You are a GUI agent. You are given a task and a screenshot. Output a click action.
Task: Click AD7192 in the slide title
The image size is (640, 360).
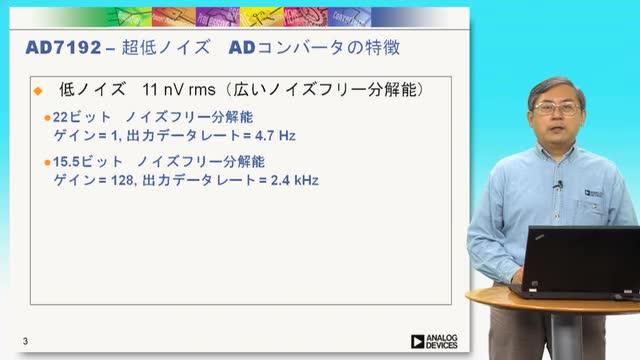pyautogui.click(x=63, y=48)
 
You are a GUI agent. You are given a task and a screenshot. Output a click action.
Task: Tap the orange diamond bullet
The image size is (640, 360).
pyautogui.click(x=38, y=91)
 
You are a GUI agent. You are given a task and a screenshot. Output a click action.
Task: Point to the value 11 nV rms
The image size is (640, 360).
pyautogui.click(x=179, y=89)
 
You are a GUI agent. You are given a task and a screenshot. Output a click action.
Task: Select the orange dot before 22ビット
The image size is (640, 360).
pyautogui.click(x=47, y=118)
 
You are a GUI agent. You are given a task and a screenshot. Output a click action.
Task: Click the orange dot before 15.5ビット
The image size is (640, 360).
pyautogui.click(x=47, y=162)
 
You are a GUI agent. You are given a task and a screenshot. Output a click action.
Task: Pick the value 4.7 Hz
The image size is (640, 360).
pyautogui.click(x=275, y=136)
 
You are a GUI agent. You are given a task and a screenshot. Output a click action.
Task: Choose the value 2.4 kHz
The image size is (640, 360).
pyautogui.click(x=295, y=180)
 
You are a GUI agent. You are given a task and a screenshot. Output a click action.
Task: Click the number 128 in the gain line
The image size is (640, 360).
pyautogui.click(x=122, y=180)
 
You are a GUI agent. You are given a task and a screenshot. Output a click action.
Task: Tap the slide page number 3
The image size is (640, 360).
pyautogui.click(x=25, y=341)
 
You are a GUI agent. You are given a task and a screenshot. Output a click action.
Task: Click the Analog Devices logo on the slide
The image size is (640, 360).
pyautogui.click(x=434, y=342)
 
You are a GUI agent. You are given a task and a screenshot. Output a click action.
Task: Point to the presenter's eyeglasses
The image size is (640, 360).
pyautogui.click(x=558, y=109)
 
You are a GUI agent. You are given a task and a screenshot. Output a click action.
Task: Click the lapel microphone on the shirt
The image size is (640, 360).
pyautogui.click(x=559, y=185)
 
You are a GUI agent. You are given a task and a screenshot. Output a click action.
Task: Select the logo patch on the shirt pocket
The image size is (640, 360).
pyautogui.click(x=593, y=193)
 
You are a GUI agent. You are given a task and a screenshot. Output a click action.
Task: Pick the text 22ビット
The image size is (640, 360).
pyautogui.click(x=82, y=118)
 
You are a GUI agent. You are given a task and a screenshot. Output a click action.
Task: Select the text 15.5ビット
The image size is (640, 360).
pyautogui.click(x=87, y=162)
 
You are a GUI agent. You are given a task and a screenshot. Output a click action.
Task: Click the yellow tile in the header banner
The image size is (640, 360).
pyautogui.click(x=262, y=17)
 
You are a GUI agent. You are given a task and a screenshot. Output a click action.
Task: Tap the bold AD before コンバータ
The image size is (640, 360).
pyautogui.click(x=242, y=48)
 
